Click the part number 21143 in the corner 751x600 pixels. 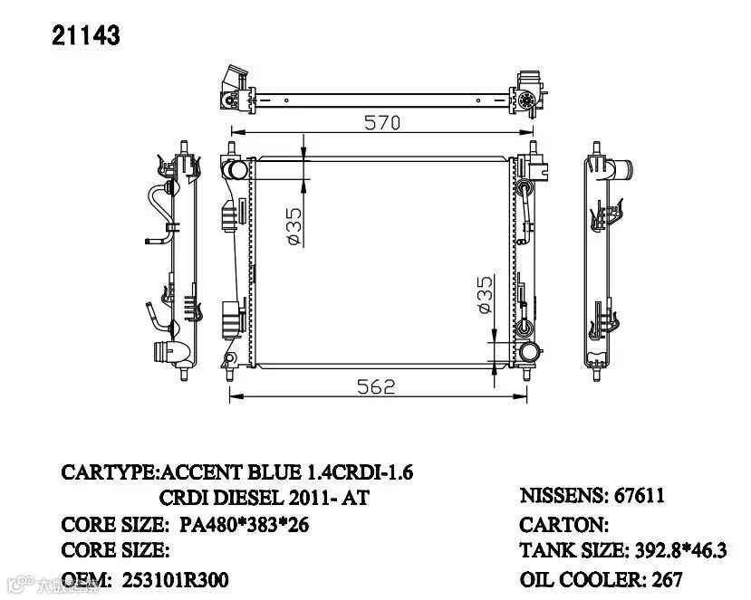point(86,36)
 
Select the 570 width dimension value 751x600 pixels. point(381,123)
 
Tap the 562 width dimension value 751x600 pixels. point(376,386)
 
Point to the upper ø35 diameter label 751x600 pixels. point(295,226)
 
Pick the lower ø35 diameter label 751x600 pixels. point(486,294)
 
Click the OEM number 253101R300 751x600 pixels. point(175,580)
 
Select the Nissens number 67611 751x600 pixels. point(640,496)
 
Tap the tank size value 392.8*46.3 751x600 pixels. point(680,550)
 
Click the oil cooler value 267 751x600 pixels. point(666,580)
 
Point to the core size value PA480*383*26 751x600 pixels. point(244,525)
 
